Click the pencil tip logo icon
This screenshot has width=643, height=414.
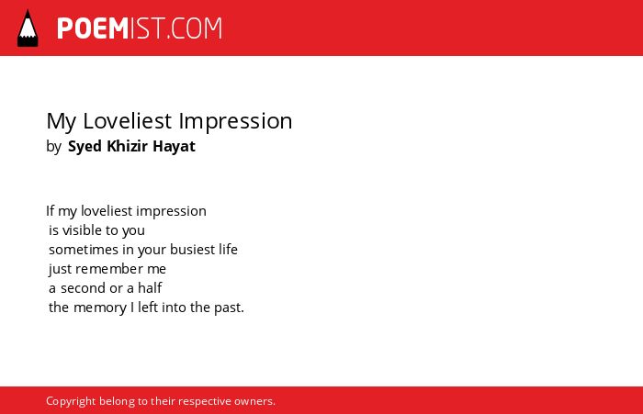coord(28,28)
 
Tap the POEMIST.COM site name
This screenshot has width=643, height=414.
coord(140,28)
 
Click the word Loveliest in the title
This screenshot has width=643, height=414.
coord(127,121)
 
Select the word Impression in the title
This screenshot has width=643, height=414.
coord(235,122)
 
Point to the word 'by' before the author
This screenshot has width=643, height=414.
coord(53,146)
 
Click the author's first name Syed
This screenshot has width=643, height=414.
coord(85,146)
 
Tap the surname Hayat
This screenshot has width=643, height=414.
coord(174,146)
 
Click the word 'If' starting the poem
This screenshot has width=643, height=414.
coord(50,211)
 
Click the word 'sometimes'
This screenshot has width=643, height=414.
coord(84,249)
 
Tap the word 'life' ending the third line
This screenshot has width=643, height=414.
coord(228,249)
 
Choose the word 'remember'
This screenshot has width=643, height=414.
coord(109,269)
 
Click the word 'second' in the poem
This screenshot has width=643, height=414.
coord(84,288)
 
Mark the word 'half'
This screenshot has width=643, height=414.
coord(150,288)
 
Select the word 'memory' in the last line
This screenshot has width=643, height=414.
coord(100,308)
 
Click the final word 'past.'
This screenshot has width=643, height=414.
coord(230,308)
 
